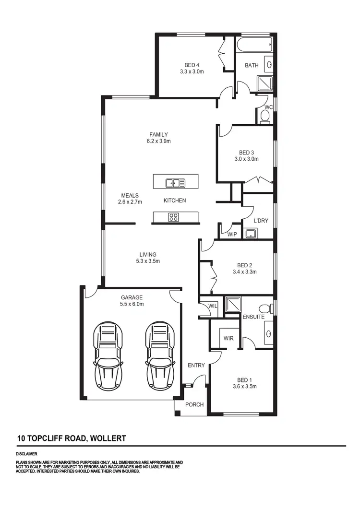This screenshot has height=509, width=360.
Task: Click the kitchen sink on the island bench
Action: point(176,182)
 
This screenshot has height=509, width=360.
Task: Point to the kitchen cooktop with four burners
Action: point(173,217)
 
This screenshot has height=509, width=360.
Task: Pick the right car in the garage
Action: point(159,355)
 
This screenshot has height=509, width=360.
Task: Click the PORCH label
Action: point(194,404)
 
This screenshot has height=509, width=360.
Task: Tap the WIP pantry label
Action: point(232,235)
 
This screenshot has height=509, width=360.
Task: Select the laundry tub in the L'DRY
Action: point(250,234)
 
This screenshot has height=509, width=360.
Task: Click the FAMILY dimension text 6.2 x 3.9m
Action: point(159,142)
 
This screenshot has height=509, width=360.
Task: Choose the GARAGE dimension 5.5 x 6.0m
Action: point(132,304)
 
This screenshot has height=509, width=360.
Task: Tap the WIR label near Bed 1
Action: point(228,338)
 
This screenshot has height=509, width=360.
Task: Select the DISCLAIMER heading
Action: point(26,454)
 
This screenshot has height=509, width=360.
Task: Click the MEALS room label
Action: point(130,196)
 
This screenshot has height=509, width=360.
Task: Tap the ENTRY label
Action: point(196,366)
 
